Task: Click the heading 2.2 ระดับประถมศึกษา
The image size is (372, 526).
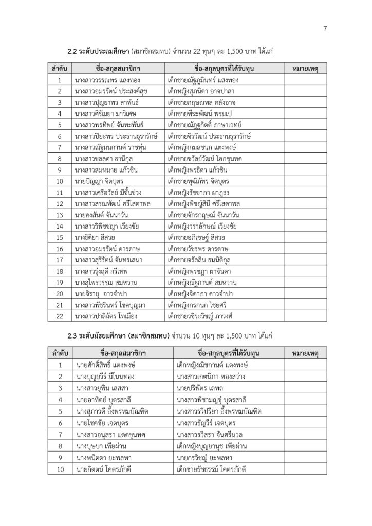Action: pyautogui.click(x=98, y=51)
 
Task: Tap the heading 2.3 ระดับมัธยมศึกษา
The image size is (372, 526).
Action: pyautogui.click(x=99, y=336)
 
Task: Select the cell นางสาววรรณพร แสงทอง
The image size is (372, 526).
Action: pyautogui.click(x=107, y=80)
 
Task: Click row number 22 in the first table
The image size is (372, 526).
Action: pyautogui.click(x=60, y=316)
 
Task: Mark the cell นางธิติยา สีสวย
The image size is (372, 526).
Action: pyautogui.click(x=96, y=237)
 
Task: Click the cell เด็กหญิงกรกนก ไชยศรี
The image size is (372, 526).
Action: pyautogui.click(x=198, y=305)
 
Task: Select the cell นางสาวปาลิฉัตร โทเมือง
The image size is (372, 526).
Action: pyautogui.click(x=106, y=316)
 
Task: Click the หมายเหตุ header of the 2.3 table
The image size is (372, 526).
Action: pyautogui.click(x=305, y=353)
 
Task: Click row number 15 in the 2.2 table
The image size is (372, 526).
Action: pyautogui.click(x=60, y=237)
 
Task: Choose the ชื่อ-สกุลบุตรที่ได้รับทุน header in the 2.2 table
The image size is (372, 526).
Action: pyautogui.click(x=225, y=68)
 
